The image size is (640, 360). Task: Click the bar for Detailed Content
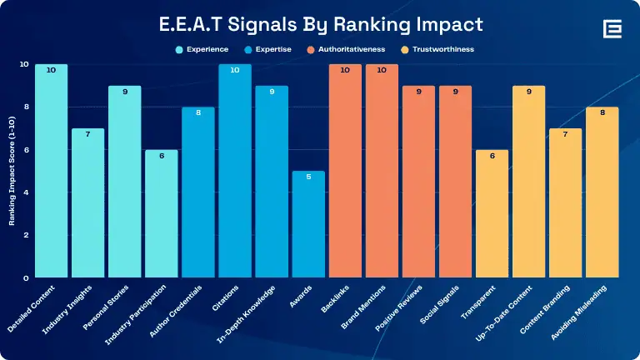click(x=52, y=171)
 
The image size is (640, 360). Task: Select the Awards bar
click(x=308, y=224)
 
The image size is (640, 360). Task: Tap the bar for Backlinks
click(x=345, y=171)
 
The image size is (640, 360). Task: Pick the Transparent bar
click(x=492, y=213)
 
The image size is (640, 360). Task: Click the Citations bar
click(x=235, y=171)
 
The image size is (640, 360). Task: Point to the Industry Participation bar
click(x=162, y=213)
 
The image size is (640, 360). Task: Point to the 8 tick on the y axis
click(x=26, y=107)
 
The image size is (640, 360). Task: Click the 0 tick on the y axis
click(x=26, y=277)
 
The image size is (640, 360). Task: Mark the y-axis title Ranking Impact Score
click(x=12, y=171)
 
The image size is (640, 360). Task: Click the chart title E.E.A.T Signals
click(x=320, y=25)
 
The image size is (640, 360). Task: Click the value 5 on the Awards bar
click(x=308, y=177)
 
